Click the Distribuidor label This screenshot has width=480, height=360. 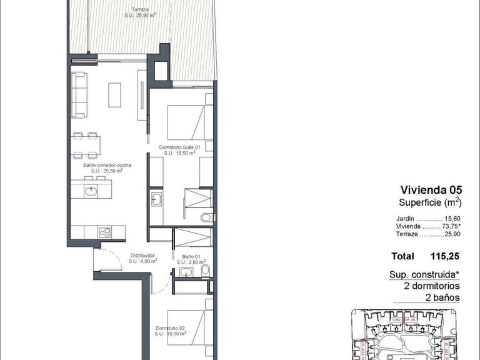pos(142,258)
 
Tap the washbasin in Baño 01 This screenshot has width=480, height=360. pos(186,272)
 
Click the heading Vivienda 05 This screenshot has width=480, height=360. pos(430,189)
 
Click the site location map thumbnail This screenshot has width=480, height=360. pos(407,334)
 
